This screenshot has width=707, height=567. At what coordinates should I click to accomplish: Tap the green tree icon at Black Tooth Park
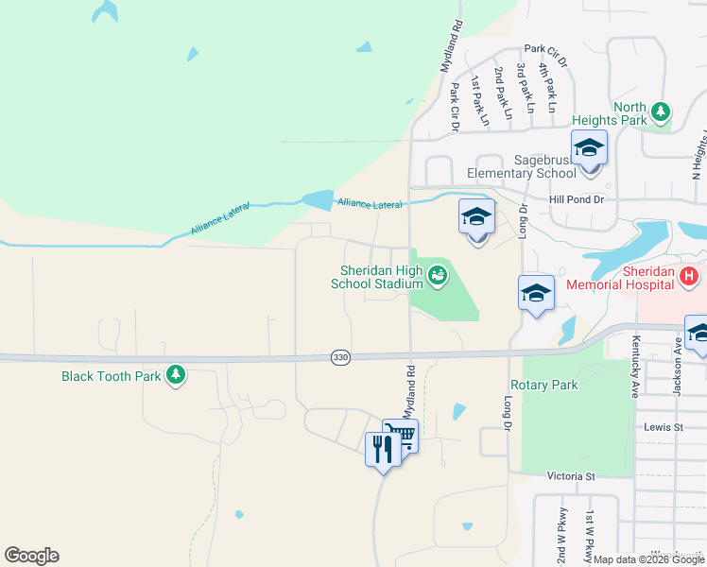click(x=175, y=375)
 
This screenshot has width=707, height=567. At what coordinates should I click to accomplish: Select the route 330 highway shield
click(x=341, y=357)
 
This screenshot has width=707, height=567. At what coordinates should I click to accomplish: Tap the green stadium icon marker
click(x=437, y=276)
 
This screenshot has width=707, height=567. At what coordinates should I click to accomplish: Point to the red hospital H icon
click(x=689, y=277)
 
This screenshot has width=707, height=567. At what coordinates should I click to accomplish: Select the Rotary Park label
click(x=543, y=386)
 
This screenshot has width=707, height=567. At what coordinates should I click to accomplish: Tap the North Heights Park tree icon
click(x=662, y=112)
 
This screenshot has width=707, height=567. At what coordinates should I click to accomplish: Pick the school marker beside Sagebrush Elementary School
click(x=589, y=149)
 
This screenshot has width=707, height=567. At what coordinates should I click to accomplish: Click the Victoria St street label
click(x=571, y=477)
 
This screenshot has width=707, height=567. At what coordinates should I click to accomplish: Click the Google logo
click(x=31, y=556)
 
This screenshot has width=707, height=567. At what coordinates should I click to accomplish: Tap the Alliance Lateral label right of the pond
click(x=369, y=204)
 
